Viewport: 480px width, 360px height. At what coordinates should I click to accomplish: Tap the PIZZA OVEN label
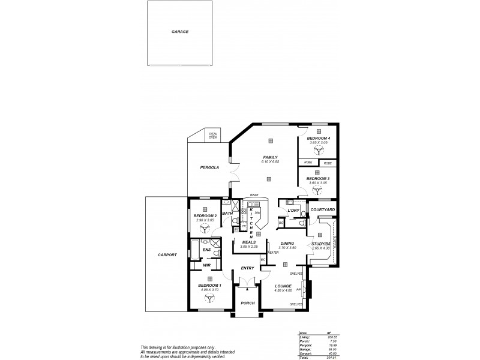212,136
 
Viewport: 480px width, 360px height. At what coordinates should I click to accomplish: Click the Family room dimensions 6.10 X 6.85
270,162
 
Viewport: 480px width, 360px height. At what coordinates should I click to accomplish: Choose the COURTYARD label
323,209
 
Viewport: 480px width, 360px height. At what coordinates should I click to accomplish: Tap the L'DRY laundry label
293,211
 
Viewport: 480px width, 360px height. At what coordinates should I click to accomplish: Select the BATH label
227,213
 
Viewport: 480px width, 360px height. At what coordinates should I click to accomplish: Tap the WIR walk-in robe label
206,265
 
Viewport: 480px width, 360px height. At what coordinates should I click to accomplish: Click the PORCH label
248,303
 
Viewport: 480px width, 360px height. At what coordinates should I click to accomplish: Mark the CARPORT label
167,254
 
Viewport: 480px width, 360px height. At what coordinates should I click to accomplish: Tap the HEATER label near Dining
273,253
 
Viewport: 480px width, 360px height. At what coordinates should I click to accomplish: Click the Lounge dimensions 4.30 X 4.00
283,290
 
